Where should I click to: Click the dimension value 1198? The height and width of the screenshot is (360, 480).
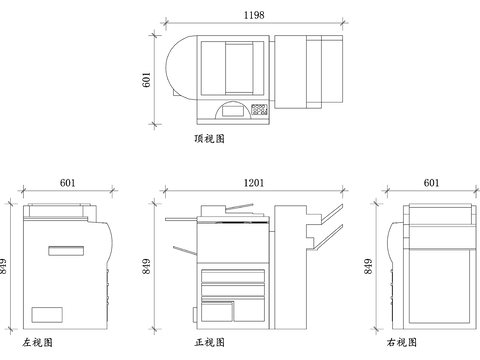(x=254, y=15)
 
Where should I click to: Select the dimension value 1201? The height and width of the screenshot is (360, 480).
(x=254, y=183)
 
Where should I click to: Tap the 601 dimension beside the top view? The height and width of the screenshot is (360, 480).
(x=147, y=80)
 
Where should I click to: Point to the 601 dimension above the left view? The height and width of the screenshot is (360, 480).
(x=67, y=183)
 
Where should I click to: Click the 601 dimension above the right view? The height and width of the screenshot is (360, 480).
(x=431, y=183)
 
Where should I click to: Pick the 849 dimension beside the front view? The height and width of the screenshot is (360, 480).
(x=147, y=266)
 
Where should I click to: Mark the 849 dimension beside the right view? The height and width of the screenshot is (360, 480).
(x=368, y=266)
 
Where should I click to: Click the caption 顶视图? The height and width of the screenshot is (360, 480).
(x=209, y=139)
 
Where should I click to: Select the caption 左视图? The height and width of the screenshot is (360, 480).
(x=37, y=342)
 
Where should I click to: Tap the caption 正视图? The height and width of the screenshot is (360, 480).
(x=209, y=342)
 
